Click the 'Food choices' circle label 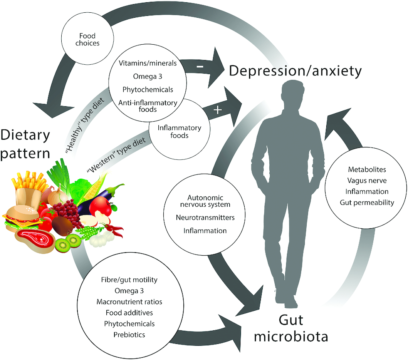point(87,39)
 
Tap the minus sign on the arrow point(200,67)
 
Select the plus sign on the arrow point(218,110)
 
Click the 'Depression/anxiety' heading point(296,71)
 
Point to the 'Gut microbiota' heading point(291,328)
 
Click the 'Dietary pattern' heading point(25,144)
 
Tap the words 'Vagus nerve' point(367,181)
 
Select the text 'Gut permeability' point(367,203)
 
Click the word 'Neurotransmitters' point(205,218)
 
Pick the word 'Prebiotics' point(129,335)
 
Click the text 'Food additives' point(129,313)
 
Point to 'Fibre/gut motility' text point(129,280)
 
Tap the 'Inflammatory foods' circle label point(179,132)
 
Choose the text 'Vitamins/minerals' point(148,63)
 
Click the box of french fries point(28,189)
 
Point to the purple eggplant point(100,198)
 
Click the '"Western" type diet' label point(116,155)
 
